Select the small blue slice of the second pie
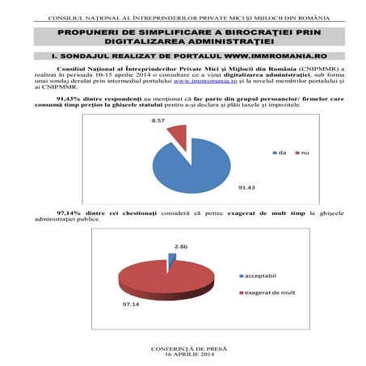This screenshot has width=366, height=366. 171,260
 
